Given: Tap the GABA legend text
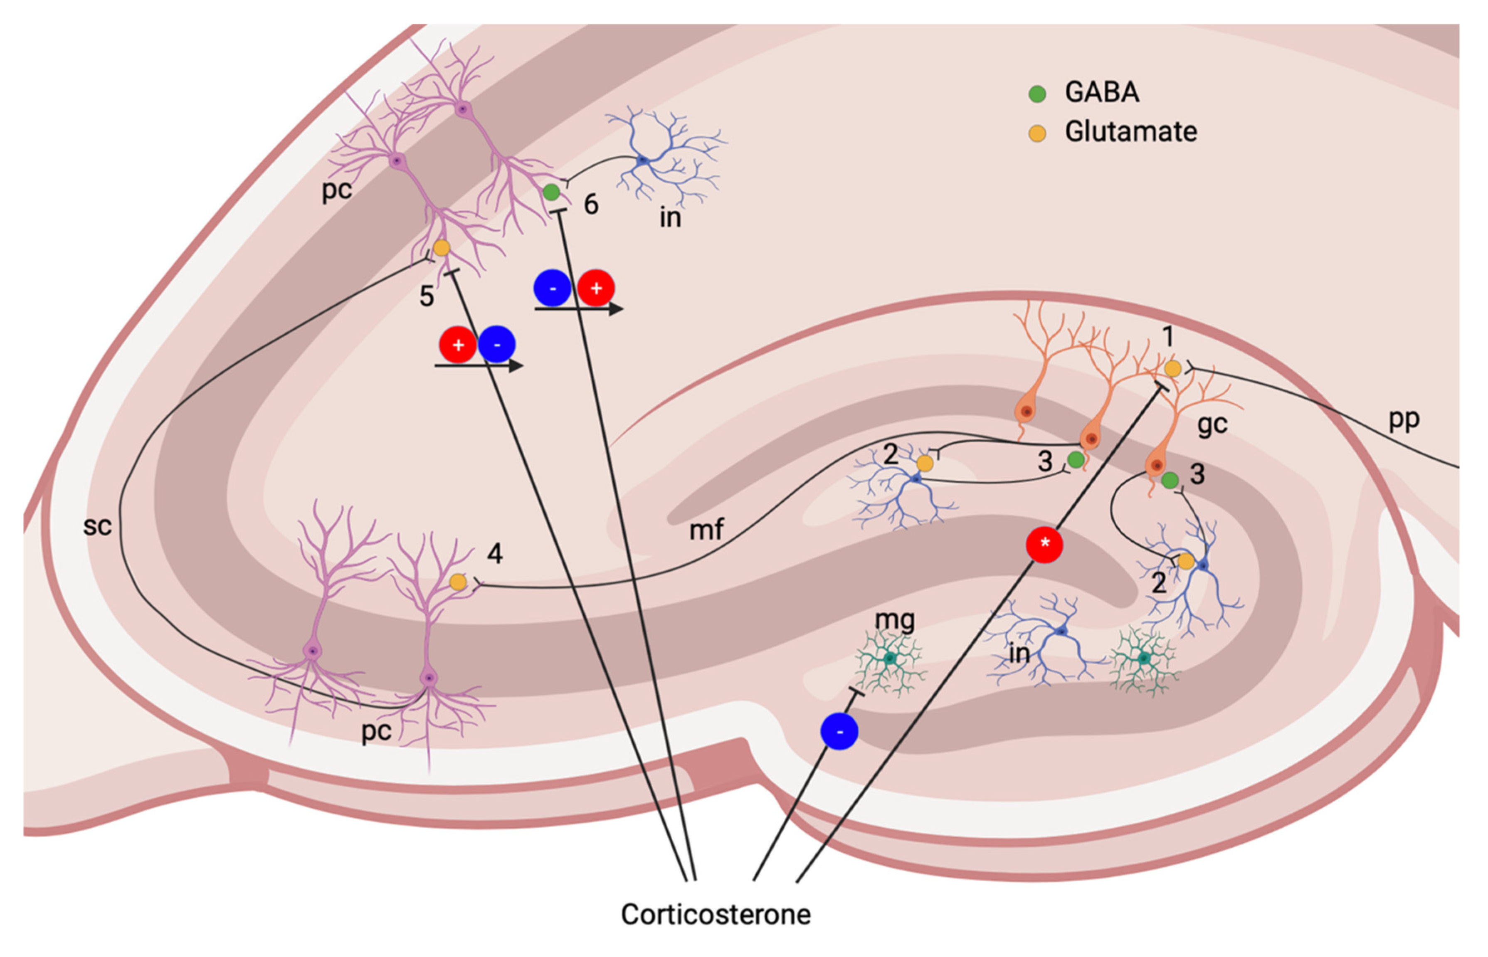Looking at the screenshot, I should (x=1102, y=92).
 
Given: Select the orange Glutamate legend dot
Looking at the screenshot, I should (x=1037, y=132).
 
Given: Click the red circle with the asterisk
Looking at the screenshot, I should (x=1044, y=544).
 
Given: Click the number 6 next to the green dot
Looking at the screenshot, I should (x=591, y=205).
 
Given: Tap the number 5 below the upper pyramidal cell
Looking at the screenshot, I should (x=426, y=296).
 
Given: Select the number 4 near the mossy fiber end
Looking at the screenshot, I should (x=495, y=552).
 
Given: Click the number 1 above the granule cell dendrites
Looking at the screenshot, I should (x=1167, y=336).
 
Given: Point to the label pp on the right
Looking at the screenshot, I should (x=1404, y=420).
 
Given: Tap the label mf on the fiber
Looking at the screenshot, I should (x=706, y=530).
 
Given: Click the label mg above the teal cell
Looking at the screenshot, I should (x=895, y=619).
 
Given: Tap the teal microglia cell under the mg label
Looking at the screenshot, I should (x=890, y=659).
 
